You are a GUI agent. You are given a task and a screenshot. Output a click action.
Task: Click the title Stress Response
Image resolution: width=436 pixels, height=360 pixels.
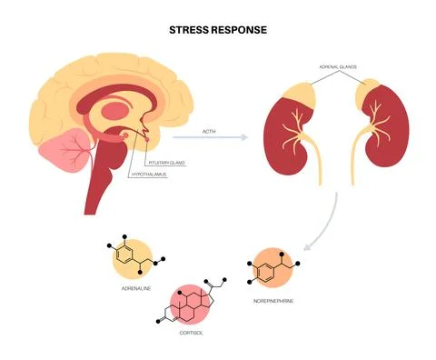tap(217, 29)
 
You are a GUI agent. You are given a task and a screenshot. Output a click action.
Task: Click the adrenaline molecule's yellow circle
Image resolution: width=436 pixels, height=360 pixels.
tap(132, 258)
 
